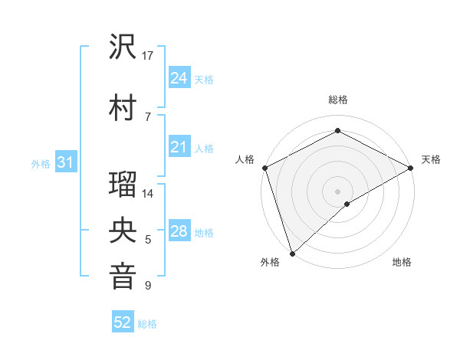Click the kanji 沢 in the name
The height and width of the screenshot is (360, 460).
pos(123,48)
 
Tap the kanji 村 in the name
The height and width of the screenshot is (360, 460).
pos(123,107)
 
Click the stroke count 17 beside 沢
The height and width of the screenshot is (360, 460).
pos(148,56)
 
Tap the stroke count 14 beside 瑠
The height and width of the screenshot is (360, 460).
pos(148,194)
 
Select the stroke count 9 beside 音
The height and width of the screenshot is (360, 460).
pos(147,286)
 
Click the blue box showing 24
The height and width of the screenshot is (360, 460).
pos(179,77)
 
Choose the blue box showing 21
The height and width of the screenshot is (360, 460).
pos(179,147)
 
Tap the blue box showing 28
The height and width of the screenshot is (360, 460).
pos(179,231)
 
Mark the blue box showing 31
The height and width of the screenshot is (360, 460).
pos(65,162)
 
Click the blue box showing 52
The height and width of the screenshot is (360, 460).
pos(123,322)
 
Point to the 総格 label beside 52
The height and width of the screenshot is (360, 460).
pos(147,324)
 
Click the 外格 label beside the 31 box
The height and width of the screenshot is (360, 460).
pos(41,164)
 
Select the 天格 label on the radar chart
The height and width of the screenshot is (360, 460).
pos(431,159)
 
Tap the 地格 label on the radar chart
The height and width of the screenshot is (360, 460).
pos(402,262)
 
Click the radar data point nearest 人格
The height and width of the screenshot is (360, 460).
pos(264,168)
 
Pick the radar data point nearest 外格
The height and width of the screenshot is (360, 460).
pos(292,253)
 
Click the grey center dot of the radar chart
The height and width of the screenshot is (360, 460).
pos(337,191)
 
